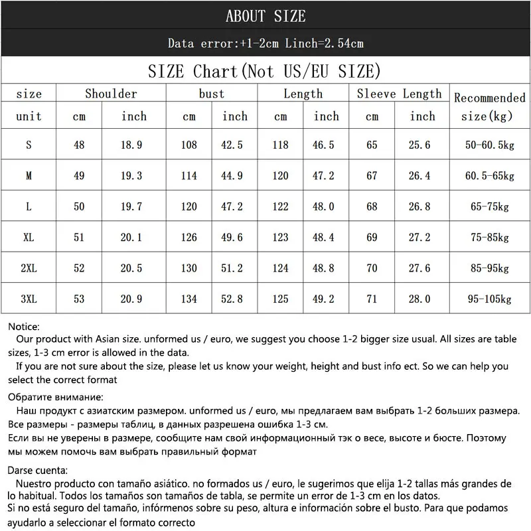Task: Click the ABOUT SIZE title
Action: (x=265, y=16)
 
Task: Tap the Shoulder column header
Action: (x=111, y=94)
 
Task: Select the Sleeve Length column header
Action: (x=399, y=94)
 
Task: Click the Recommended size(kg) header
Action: (x=489, y=106)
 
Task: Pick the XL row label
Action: (x=29, y=238)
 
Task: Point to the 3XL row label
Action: (x=29, y=299)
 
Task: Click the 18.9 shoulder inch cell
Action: (x=133, y=145)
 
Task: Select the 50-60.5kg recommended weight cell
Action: (x=489, y=145)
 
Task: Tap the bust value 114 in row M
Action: (x=189, y=176)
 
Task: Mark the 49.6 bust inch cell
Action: (x=234, y=238)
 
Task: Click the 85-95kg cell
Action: (x=489, y=268)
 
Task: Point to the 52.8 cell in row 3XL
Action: (x=234, y=299)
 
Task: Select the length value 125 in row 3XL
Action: (x=280, y=299)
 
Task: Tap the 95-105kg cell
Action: (x=489, y=299)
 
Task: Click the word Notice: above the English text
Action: (x=25, y=327)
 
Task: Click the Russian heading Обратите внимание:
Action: (x=56, y=398)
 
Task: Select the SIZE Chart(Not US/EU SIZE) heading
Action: (x=265, y=71)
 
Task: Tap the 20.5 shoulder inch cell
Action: (x=133, y=268)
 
